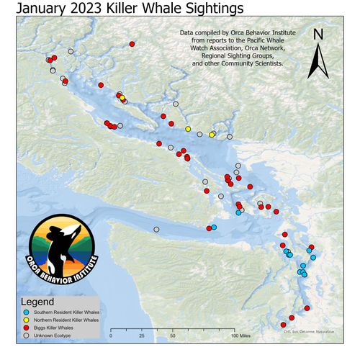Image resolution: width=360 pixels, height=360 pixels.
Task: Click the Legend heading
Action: [x=37, y=301]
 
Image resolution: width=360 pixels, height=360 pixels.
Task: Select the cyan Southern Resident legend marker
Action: [x=27, y=312]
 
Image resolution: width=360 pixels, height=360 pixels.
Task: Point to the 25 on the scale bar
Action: [x=142, y=336]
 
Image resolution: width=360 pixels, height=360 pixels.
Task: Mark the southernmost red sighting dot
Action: [x=283, y=325]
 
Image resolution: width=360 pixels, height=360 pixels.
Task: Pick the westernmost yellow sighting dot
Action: [x=122, y=98]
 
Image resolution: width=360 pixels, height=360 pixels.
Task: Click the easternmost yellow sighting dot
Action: [x=212, y=135]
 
